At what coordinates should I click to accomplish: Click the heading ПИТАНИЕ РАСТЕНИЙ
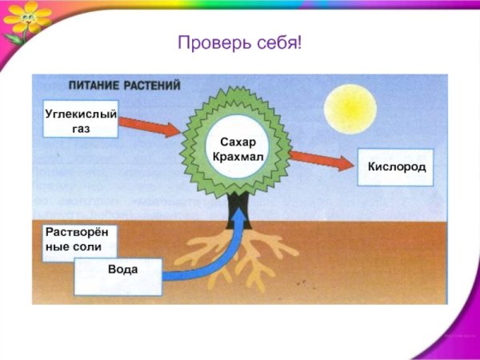pyautogui.click(x=123, y=85)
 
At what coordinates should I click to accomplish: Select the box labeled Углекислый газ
pyautogui.click(x=79, y=120)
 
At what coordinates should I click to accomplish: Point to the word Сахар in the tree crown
pyautogui.click(x=236, y=142)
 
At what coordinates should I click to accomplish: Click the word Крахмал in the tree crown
pyautogui.click(x=236, y=155)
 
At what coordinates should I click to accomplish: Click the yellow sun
pyautogui.click(x=351, y=103)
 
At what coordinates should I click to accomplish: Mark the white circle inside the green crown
pyautogui.click(x=236, y=147)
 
